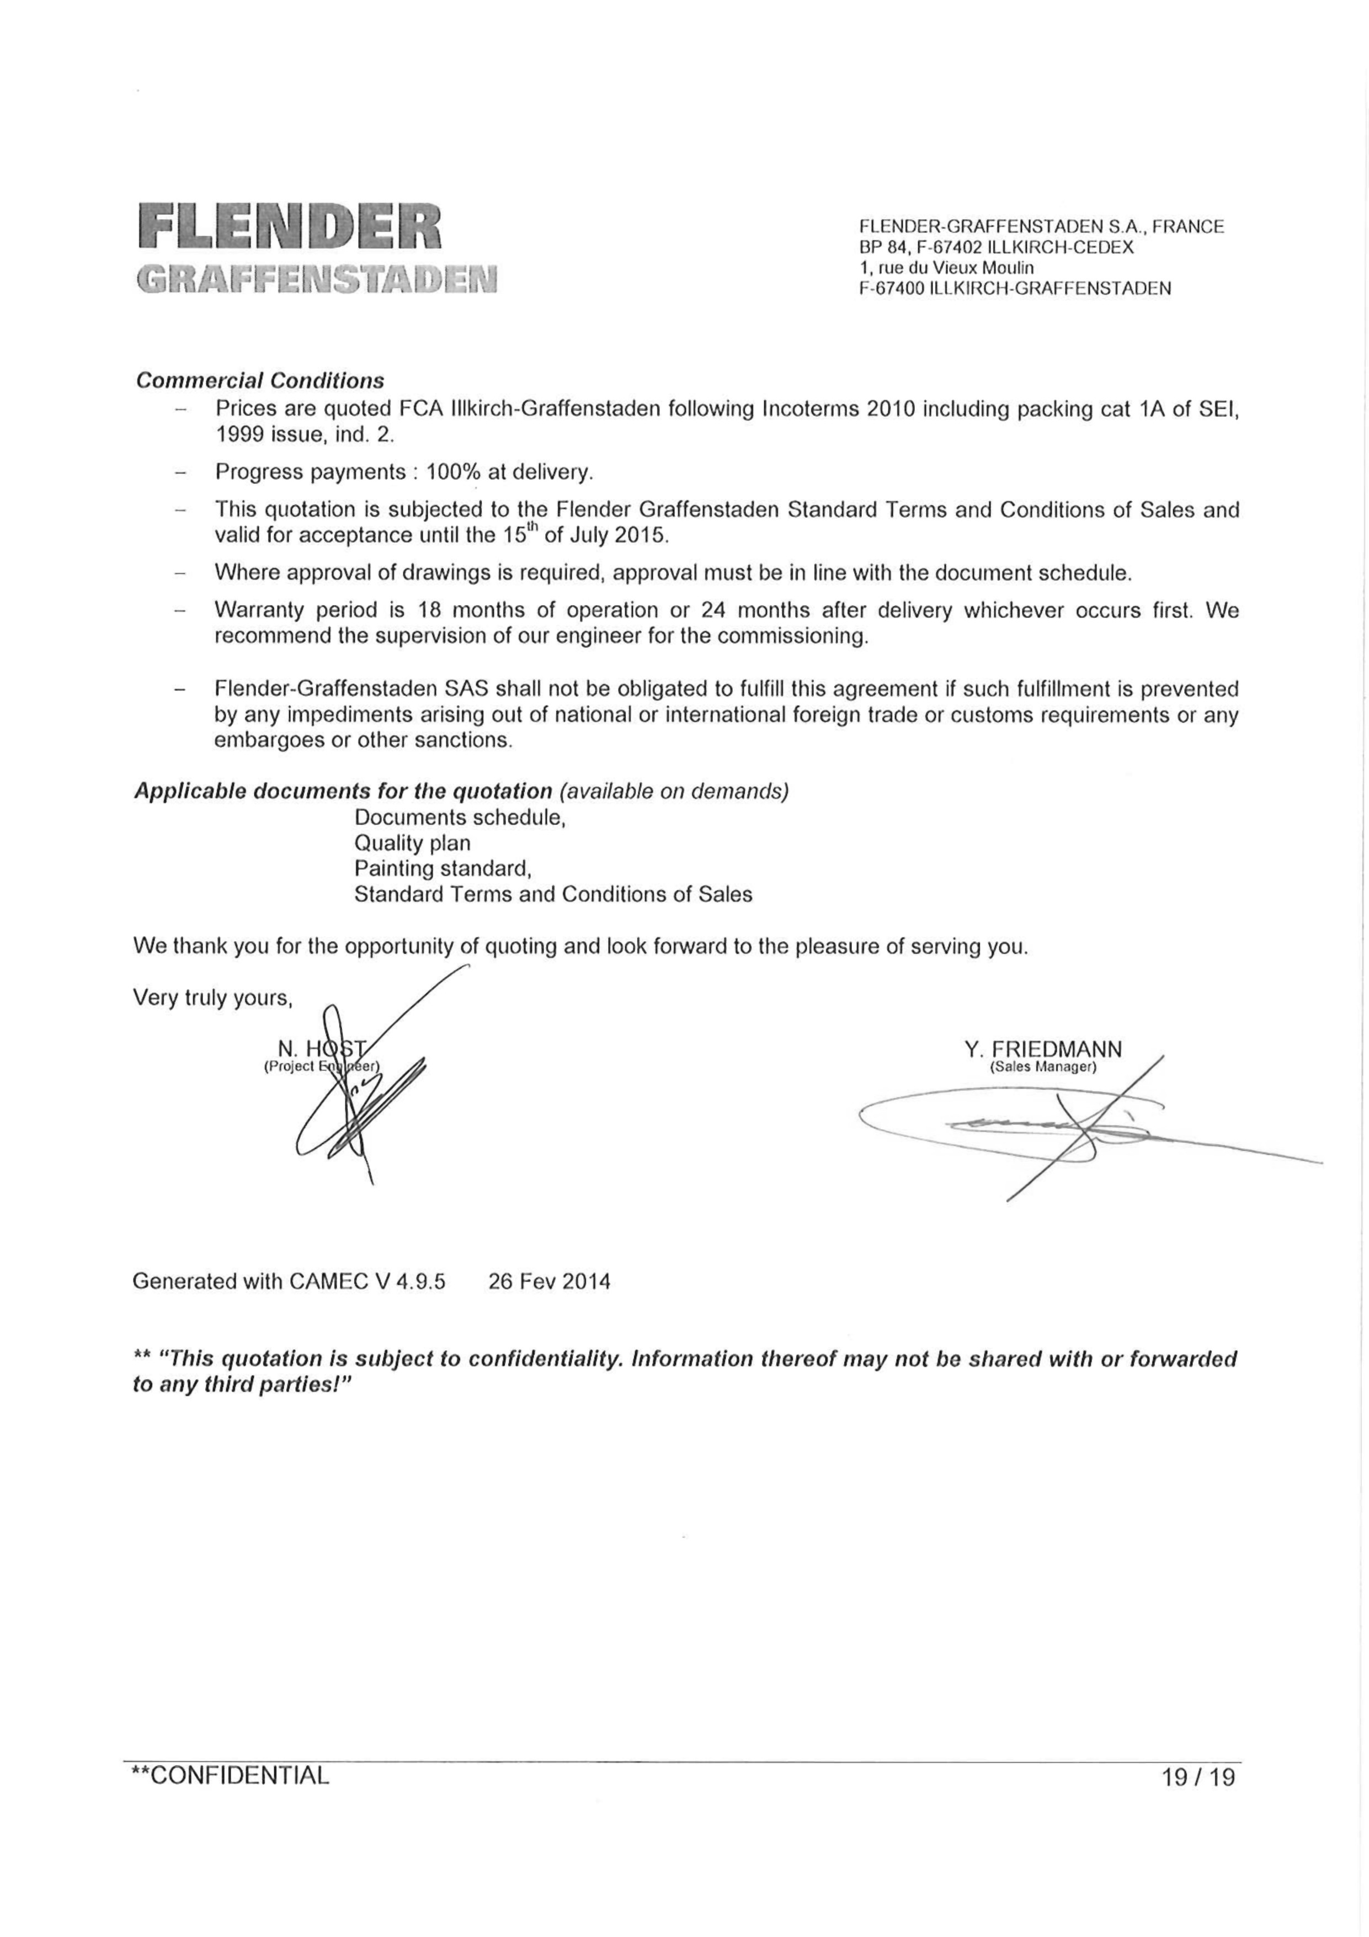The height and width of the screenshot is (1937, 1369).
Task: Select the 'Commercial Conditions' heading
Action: click(260, 380)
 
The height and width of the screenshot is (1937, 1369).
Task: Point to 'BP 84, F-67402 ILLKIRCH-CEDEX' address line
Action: click(996, 247)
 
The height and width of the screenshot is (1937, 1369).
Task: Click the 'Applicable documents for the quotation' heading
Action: click(343, 792)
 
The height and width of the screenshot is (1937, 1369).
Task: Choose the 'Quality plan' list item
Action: click(413, 843)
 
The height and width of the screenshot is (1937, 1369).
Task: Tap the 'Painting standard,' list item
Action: click(443, 868)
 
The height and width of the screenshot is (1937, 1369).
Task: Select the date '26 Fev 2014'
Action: click(549, 1282)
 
